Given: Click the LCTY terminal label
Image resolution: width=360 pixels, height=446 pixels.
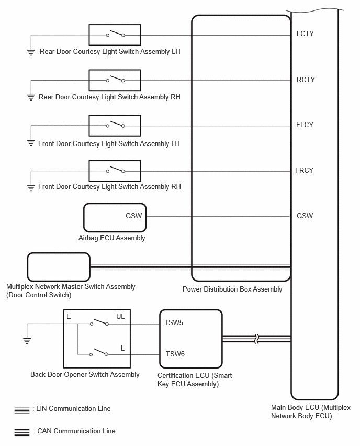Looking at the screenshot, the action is [x=305, y=34].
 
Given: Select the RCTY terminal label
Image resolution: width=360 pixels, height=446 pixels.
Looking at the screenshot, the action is [x=306, y=80].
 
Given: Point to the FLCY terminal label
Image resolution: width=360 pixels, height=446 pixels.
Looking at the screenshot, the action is [x=305, y=125].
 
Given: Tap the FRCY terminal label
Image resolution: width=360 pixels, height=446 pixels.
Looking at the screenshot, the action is [x=304, y=170].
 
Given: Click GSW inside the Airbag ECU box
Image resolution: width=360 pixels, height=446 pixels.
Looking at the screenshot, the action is [x=133, y=216].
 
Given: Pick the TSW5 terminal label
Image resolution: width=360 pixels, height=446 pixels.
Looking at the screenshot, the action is [x=174, y=322].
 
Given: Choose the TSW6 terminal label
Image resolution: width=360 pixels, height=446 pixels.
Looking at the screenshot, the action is [x=175, y=354].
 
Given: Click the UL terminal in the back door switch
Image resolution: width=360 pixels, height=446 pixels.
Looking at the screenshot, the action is [x=120, y=316].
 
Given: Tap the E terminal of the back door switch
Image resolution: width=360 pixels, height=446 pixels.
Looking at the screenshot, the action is [x=69, y=316].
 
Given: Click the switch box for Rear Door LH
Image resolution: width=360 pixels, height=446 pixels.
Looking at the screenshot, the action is [x=115, y=35].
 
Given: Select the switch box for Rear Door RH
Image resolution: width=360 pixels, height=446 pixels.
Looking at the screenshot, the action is [x=115, y=80].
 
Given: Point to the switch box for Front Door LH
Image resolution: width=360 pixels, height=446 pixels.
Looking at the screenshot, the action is [x=115, y=126].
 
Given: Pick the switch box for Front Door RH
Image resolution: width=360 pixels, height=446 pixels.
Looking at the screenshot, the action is [x=115, y=171].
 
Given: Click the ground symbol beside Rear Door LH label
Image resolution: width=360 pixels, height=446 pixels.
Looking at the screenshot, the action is [x=31, y=52].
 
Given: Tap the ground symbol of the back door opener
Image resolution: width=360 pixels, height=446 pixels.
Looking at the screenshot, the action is [x=27, y=341].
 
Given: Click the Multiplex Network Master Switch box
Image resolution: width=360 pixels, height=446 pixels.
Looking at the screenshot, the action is [x=59, y=267].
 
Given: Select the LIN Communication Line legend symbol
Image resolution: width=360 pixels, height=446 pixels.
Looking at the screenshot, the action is [x=22, y=410].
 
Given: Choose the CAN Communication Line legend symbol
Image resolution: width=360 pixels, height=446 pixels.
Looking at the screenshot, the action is [x=22, y=432].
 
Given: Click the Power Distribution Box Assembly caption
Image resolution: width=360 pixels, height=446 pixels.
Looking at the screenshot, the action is [x=232, y=289].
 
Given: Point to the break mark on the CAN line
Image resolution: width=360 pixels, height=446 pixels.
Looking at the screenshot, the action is [x=257, y=339].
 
